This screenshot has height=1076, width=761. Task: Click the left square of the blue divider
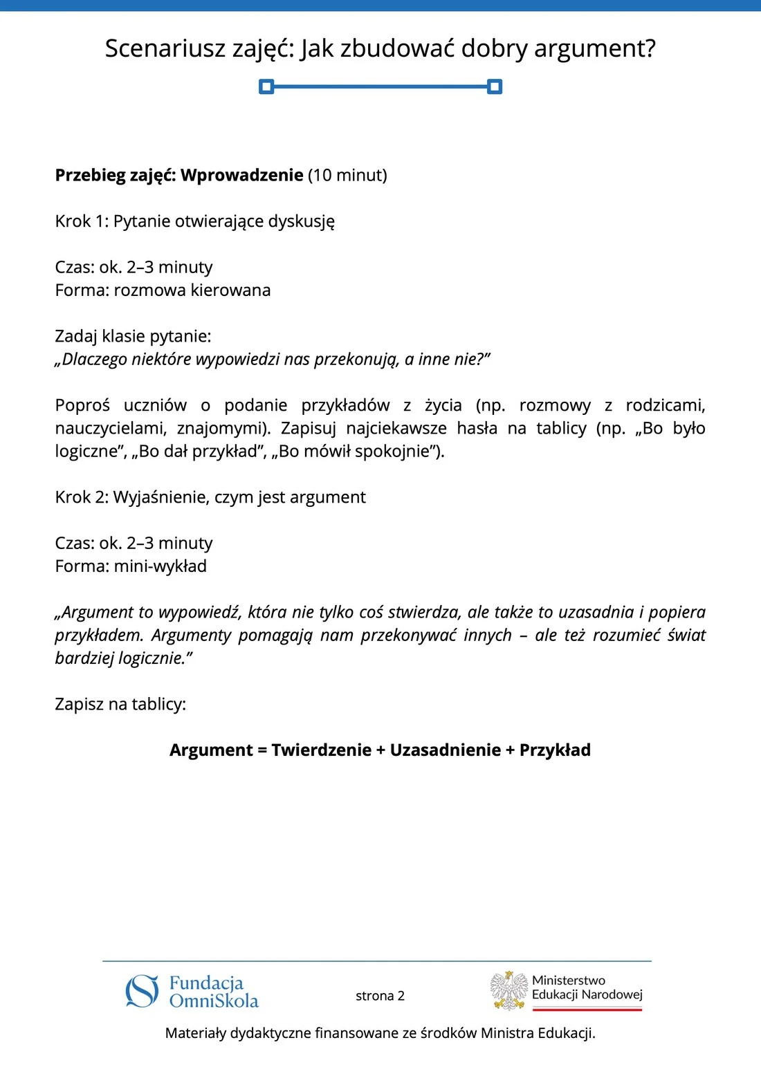pos(266,86)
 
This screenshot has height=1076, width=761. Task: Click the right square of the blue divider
pos(495,86)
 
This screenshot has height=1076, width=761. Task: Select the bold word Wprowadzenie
pos(241,175)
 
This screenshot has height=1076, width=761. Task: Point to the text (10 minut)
pos(347,175)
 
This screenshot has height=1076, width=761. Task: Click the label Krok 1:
pos(82,221)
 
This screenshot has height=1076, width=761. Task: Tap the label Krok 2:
pos(82,497)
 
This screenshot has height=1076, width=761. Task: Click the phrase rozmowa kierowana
pos(192,290)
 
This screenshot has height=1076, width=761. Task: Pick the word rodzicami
pos(665,405)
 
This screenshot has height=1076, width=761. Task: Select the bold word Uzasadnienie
pos(446,750)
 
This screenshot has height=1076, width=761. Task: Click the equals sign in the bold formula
pos(262,750)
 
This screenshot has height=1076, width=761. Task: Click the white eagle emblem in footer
pos(509,990)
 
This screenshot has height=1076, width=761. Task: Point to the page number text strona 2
pos(380,996)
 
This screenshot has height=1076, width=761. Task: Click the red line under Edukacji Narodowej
pos(587,1009)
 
